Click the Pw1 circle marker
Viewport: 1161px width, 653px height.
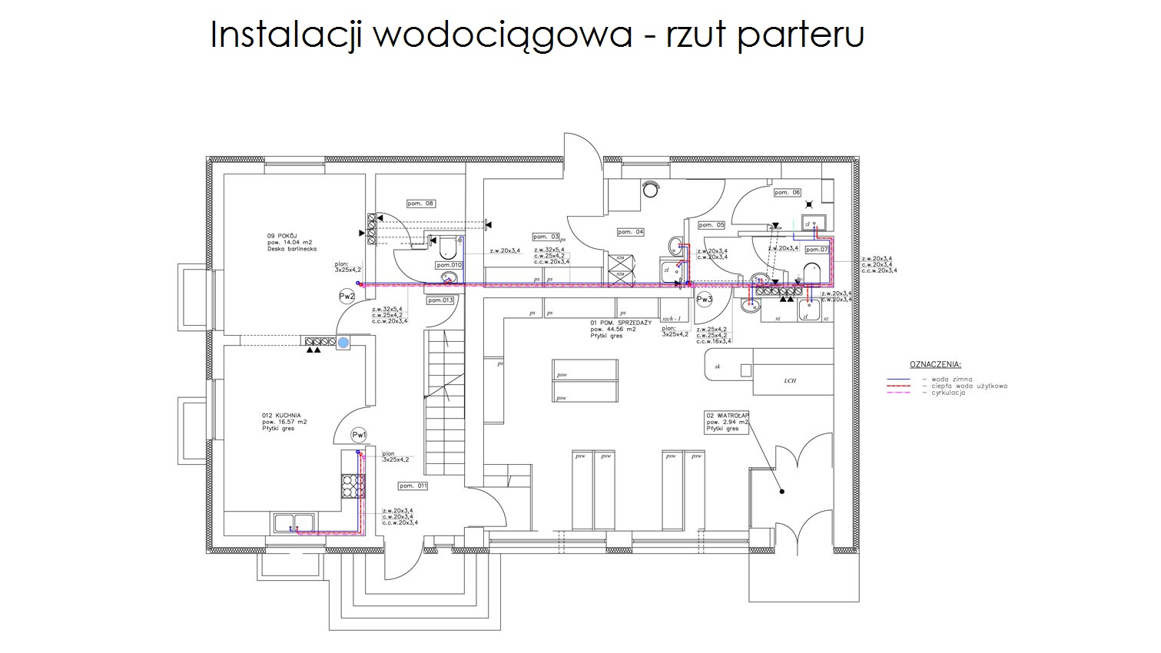pos(359,436)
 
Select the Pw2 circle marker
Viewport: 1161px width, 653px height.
pos(347,296)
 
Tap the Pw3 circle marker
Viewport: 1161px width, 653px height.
pos(704,299)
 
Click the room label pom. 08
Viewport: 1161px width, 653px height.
pos(420,204)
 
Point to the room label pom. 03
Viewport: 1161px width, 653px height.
pos(546,237)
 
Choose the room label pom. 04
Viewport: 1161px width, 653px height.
pos(630,231)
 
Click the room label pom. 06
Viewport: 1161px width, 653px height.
pos(787,193)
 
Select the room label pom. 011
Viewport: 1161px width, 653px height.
pos(413,486)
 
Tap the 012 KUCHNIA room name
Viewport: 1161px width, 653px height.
pos(281,416)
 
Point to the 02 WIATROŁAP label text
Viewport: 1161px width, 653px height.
pos(727,416)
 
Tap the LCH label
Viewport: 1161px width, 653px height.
pos(790,380)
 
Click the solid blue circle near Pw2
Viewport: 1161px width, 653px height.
pos(343,341)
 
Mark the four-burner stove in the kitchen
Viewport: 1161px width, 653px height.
pos(353,486)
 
